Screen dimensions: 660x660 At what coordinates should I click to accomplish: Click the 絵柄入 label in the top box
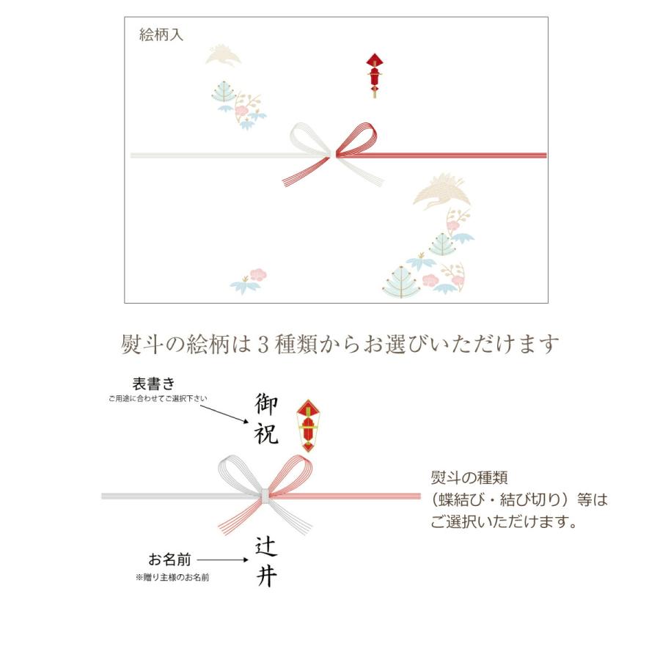click(x=161, y=35)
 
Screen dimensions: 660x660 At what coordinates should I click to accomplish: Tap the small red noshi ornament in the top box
click(x=375, y=73)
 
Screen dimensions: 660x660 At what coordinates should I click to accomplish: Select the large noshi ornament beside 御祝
click(x=308, y=425)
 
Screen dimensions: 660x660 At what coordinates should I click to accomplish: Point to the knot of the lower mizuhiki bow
click(x=263, y=495)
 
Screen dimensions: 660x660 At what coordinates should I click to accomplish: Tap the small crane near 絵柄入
click(x=223, y=56)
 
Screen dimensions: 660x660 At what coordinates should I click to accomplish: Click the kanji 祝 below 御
click(x=267, y=434)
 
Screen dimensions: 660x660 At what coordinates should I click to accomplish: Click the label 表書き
click(x=153, y=384)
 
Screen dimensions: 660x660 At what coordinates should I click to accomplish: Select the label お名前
click(x=169, y=560)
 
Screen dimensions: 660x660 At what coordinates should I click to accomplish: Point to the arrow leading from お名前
click(x=224, y=560)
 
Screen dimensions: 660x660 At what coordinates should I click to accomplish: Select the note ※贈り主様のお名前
click(x=172, y=578)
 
